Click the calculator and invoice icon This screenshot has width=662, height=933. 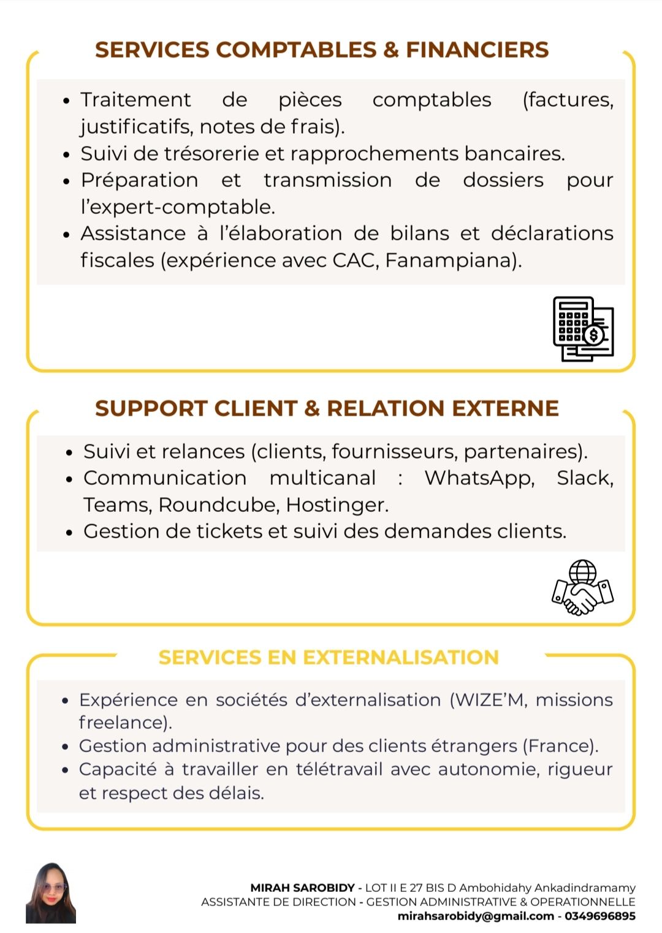click(x=583, y=329)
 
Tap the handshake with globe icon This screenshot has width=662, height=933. click(x=582, y=588)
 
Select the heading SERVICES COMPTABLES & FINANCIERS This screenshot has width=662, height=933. click(x=322, y=50)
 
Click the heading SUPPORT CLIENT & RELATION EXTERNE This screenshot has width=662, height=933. click(x=327, y=408)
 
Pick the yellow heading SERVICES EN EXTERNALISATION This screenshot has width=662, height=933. click(x=329, y=658)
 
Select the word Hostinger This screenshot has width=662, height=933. click(x=337, y=505)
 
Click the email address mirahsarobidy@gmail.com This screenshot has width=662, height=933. click(x=476, y=916)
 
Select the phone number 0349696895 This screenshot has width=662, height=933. click(x=600, y=916)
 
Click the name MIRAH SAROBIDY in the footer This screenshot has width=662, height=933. click(x=302, y=888)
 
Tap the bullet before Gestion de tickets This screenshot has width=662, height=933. click(x=69, y=532)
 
